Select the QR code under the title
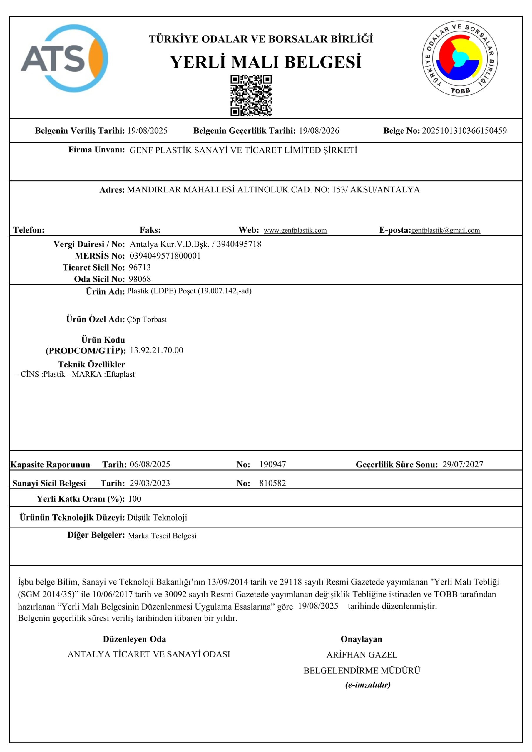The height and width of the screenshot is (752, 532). coord(251,95)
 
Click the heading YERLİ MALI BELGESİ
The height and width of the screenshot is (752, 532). coord(266,62)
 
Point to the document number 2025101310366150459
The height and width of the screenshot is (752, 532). coord(464,131)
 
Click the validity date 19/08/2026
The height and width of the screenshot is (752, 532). coord(319,131)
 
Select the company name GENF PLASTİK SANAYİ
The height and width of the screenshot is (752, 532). coord(243,150)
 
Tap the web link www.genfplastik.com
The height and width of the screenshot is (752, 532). coord(295,230)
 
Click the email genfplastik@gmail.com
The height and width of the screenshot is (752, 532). coord(446,230)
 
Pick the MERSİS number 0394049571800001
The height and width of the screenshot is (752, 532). coord(165,256)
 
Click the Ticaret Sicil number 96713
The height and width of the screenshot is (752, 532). coord(140,268)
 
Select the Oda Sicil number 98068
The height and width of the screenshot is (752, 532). coord(140,279)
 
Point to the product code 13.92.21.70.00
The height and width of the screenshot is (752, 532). coord(156,350)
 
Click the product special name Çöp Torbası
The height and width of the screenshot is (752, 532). coord(147,320)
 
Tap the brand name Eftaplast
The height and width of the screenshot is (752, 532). coord(120,374)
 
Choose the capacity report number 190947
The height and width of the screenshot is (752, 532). coord(272,464)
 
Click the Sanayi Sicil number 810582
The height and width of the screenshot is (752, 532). coord(272,483)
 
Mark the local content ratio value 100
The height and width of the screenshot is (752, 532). coord(134,499)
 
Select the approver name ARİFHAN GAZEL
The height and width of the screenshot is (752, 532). coord(362,655)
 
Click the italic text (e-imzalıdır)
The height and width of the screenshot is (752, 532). coord(367,685)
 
